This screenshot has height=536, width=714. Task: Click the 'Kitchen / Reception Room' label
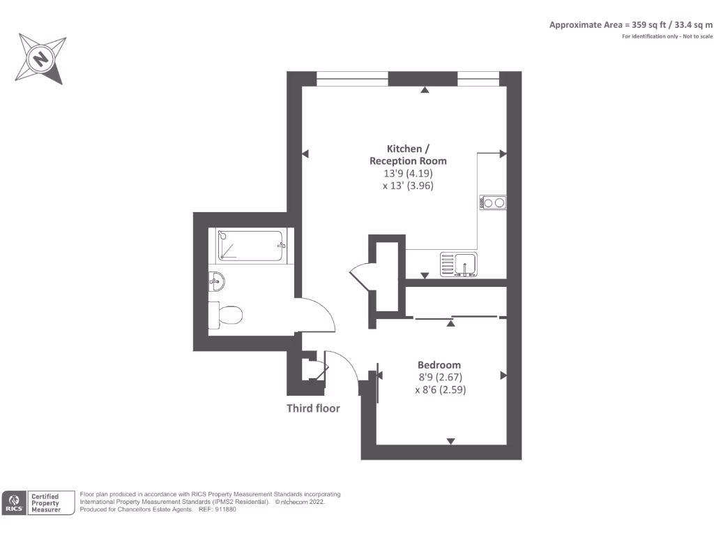pyautogui.click(x=408, y=155)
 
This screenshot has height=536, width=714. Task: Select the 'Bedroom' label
pyautogui.click(x=439, y=365)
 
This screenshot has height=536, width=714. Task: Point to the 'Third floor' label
pyautogui.click(x=313, y=408)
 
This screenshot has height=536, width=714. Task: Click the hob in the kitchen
pyautogui.click(x=493, y=203)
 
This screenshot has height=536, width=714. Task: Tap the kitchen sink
pyautogui.click(x=459, y=265)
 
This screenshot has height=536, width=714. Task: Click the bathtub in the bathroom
pyautogui.click(x=250, y=246)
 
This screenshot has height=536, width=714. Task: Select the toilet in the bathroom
pyautogui.click(x=226, y=314)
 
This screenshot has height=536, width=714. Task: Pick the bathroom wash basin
pyautogui.click(x=216, y=283)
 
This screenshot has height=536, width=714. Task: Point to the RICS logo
pyautogui.click(x=14, y=502)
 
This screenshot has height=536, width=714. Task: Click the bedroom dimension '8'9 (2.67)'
pyautogui.click(x=441, y=378)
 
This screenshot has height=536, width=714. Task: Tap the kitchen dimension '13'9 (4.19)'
pyautogui.click(x=408, y=173)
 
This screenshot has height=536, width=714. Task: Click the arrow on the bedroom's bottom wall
pyautogui.click(x=450, y=440)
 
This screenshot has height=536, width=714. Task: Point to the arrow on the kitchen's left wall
pyautogui.click(x=305, y=154)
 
